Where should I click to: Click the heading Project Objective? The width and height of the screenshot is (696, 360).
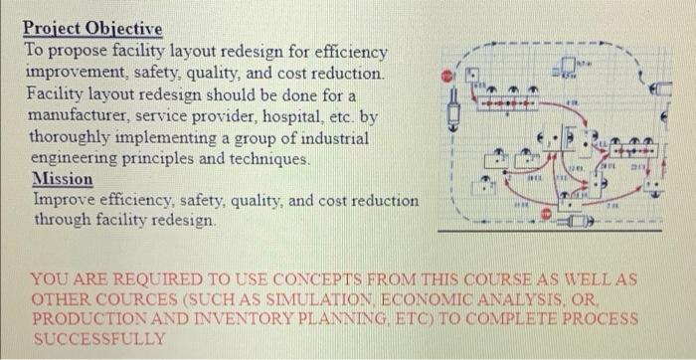point(91,29)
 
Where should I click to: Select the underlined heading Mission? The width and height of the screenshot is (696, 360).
point(63,179)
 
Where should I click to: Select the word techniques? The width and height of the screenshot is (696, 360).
point(269,158)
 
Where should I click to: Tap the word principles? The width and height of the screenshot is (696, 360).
point(183,158)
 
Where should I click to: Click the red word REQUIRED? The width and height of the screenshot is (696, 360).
point(157,280)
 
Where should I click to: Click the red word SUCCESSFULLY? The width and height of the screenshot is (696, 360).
point(99,338)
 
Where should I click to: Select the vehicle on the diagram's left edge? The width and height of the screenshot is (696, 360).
point(456,104)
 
